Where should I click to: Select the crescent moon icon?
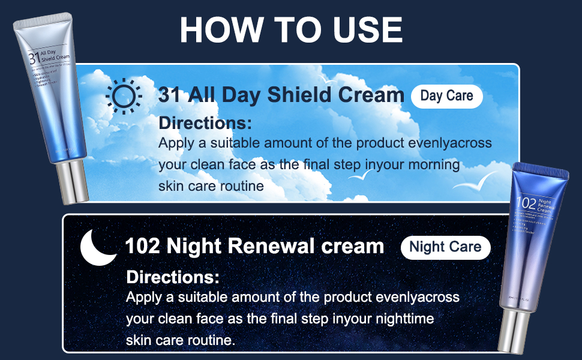coord(98,246)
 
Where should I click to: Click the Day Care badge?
coord(446,96)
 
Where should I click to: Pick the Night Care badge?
coord(445,247)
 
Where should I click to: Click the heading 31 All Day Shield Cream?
coord(281,95)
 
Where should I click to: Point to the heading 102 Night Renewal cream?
coord(254,246)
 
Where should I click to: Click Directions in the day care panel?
coord(205,124)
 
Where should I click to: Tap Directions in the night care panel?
coord(173,277)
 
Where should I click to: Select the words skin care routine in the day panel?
coord(211,185)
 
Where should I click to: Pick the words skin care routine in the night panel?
coord(180,340)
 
